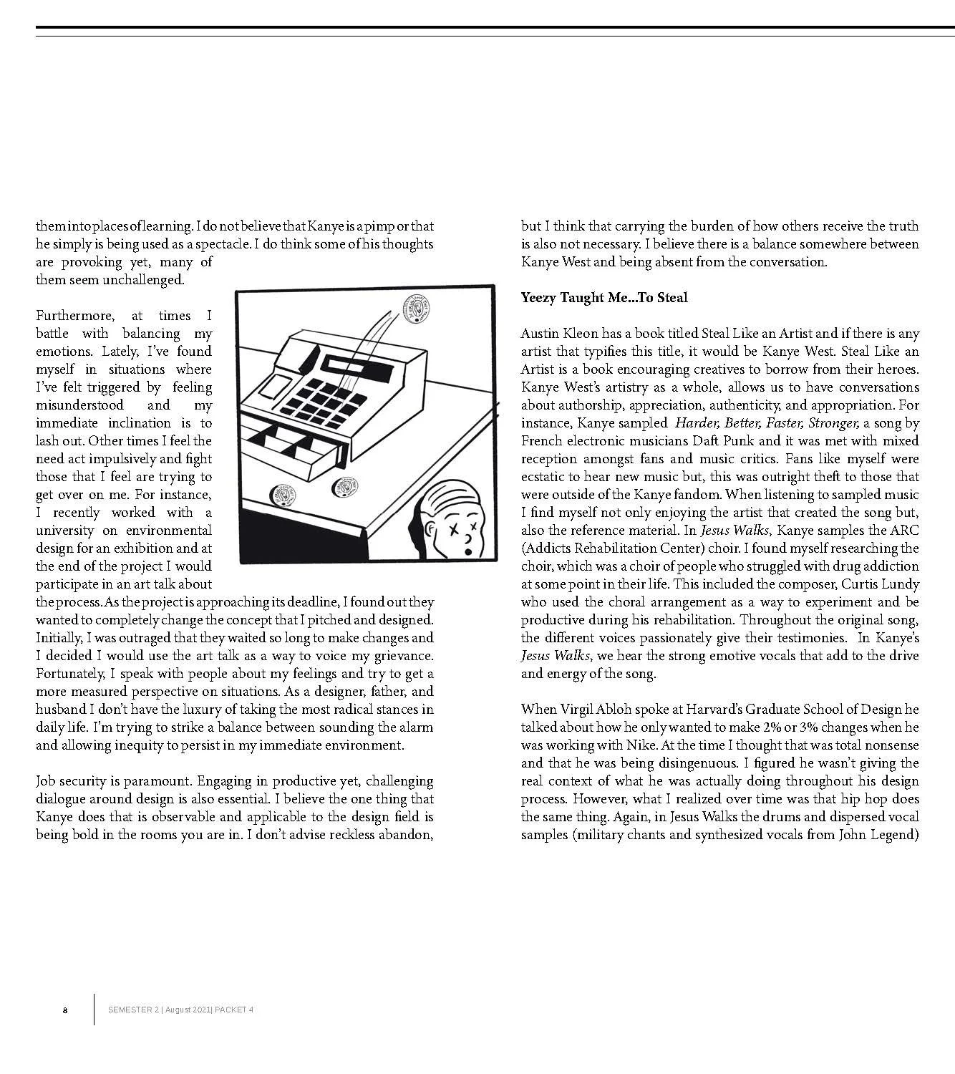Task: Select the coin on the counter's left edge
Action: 278,495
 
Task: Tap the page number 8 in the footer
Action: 65,1010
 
